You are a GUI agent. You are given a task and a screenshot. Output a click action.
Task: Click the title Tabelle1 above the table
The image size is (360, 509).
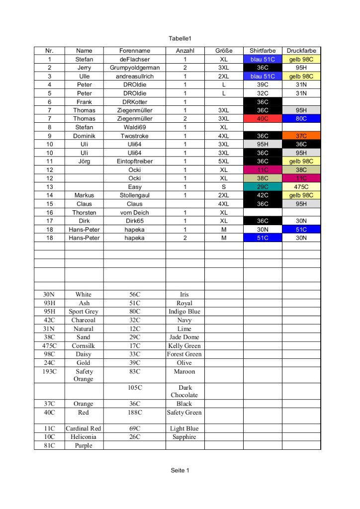click(x=180, y=39)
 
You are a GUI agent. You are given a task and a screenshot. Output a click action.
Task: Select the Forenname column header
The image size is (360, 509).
click(x=134, y=51)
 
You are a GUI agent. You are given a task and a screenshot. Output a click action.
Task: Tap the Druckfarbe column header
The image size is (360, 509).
click(x=301, y=51)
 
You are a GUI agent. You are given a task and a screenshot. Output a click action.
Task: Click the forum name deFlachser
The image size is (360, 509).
click(x=134, y=59)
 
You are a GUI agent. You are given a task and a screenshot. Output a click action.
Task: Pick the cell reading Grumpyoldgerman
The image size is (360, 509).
click(x=134, y=68)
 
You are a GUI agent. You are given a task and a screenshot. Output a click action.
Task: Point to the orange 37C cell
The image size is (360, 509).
click(x=301, y=136)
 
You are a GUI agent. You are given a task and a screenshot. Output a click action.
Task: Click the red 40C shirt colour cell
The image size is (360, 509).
click(x=263, y=119)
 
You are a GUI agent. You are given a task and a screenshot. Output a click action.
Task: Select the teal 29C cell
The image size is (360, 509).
click(x=263, y=187)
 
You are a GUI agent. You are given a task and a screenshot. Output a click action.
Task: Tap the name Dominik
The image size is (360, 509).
click(x=84, y=136)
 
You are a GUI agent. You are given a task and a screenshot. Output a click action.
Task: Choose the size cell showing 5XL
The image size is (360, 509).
click(x=224, y=161)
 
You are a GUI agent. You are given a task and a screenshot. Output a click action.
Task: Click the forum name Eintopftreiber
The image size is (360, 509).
click(x=134, y=161)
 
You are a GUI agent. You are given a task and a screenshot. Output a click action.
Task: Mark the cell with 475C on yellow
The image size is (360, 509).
click(x=301, y=187)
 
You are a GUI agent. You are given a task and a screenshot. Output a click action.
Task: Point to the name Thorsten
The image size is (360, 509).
click(x=84, y=212)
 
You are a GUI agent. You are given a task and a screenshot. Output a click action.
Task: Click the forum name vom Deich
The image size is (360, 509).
click(x=134, y=212)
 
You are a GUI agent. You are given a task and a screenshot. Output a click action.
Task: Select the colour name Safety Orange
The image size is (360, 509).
click(x=84, y=375)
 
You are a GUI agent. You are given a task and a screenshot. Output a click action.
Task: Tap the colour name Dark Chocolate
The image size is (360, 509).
click(x=184, y=391)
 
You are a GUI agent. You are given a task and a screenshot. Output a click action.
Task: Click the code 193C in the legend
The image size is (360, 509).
click(x=49, y=371)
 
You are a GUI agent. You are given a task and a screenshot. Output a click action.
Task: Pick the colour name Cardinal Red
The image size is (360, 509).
click(x=84, y=428)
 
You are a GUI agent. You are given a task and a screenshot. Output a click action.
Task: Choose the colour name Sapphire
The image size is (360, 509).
click(x=184, y=437)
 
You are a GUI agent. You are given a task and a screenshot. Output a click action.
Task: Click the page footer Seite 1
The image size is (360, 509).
click(x=180, y=470)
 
